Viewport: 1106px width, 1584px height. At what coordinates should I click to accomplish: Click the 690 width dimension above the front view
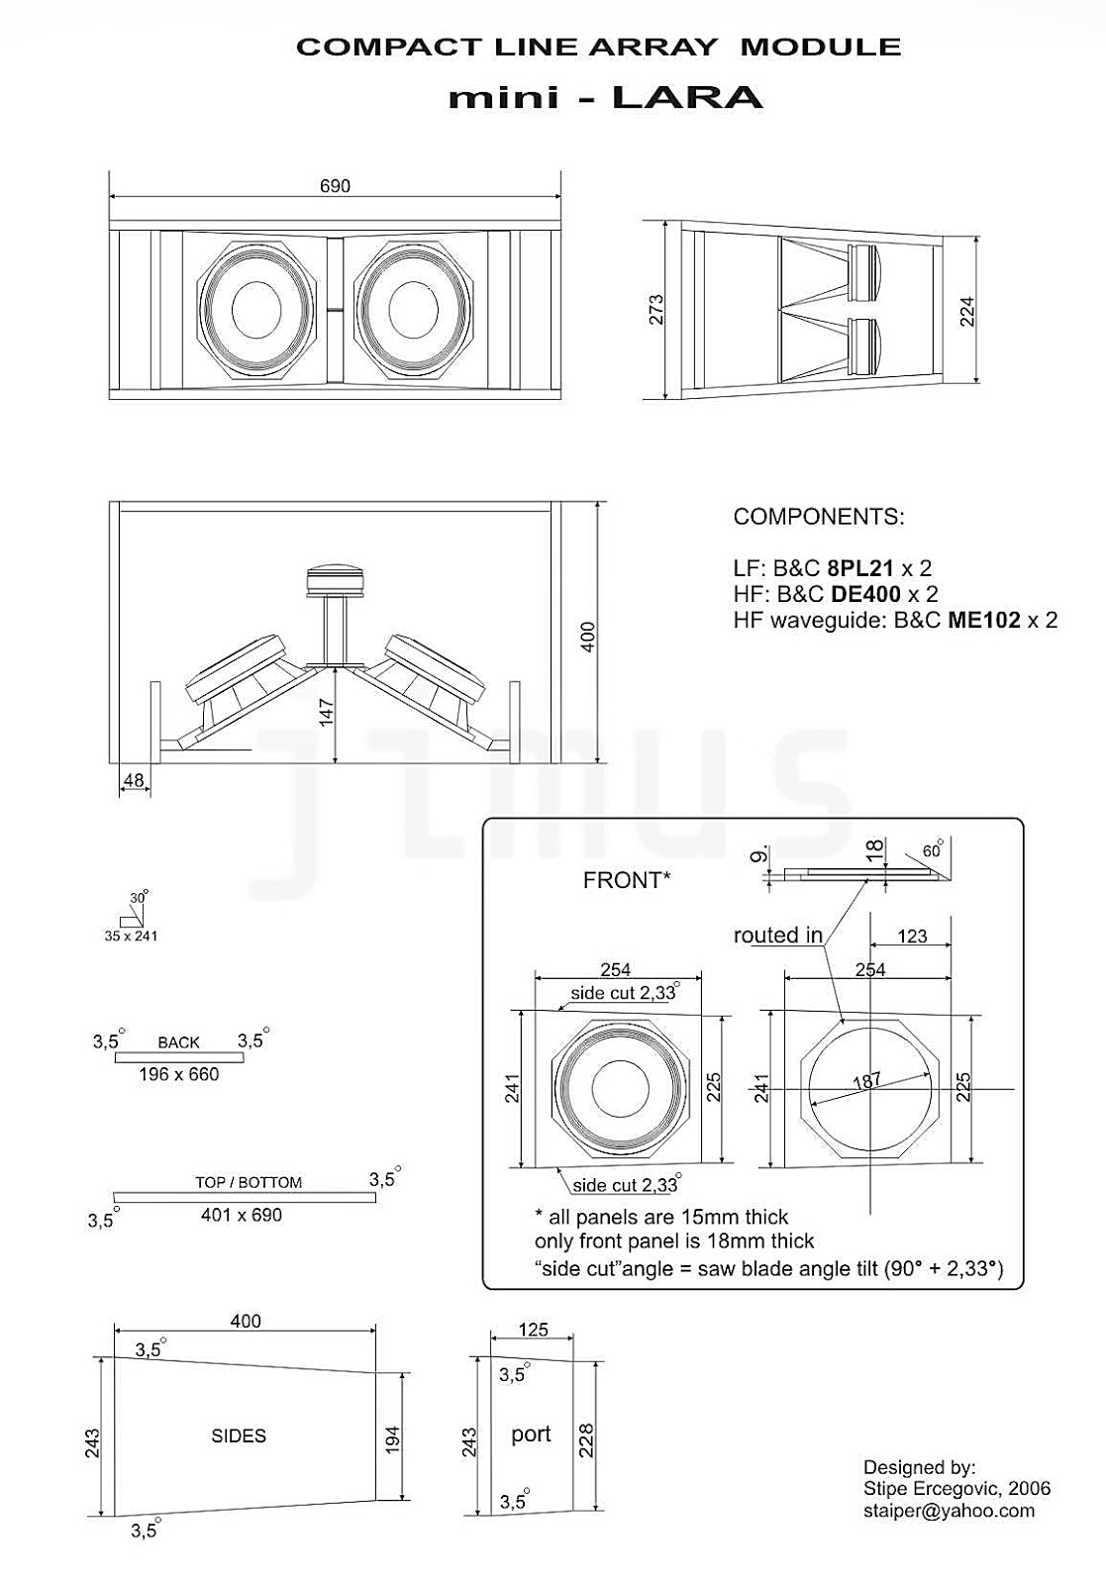tap(335, 186)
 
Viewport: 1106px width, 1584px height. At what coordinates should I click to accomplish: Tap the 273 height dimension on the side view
tap(655, 309)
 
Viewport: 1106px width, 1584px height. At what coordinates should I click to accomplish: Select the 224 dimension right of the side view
tap(967, 311)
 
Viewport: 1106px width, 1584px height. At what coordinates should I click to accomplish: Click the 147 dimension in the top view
tap(327, 713)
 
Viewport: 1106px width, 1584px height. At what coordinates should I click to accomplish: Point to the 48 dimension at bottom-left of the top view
tap(133, 781)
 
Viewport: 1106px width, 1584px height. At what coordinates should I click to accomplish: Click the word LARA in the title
tap(687, 97)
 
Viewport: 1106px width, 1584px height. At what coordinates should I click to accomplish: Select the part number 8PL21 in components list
tap(860, 568)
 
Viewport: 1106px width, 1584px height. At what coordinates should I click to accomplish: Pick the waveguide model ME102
tap(983, 620)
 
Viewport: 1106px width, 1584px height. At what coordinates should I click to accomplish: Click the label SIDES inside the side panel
tap(239, 1435)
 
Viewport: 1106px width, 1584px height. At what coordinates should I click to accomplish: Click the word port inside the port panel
tap(531, 1434)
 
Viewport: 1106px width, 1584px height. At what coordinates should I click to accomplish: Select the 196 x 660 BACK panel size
tap(178, 1074)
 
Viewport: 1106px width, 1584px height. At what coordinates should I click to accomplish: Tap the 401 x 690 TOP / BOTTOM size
tap(242, 1215)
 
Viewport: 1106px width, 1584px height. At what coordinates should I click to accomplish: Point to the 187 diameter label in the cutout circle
tap(866, 1080)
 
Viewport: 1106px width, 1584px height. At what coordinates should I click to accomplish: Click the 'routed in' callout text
tap(778, 936)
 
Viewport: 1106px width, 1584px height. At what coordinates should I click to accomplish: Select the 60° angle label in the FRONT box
tap(932, 851)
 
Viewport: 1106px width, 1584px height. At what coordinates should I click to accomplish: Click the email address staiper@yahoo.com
tap(949, 1511)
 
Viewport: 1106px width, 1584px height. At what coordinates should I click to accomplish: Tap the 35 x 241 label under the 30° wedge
tap(131, 936)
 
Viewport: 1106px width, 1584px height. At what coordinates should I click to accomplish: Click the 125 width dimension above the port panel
tap(533, 1330)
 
